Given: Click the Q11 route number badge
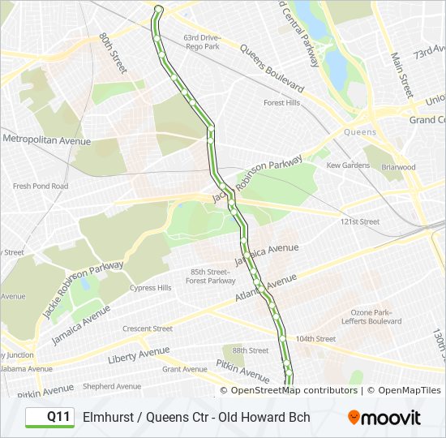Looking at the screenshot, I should click(49, 417).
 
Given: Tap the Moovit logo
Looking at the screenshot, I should click(384, 418).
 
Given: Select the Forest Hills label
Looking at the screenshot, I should click(281, 103).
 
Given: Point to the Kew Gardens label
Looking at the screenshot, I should click(347, 165).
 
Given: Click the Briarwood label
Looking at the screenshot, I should click(397, 167).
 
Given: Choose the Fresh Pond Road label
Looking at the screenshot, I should click(41, 186).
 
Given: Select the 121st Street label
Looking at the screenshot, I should click(359, 221).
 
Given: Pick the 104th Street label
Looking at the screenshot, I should click(315, 338).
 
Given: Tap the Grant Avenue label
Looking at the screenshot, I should click(184, 369).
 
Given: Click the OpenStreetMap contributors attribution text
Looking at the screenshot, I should click(294, 390).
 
